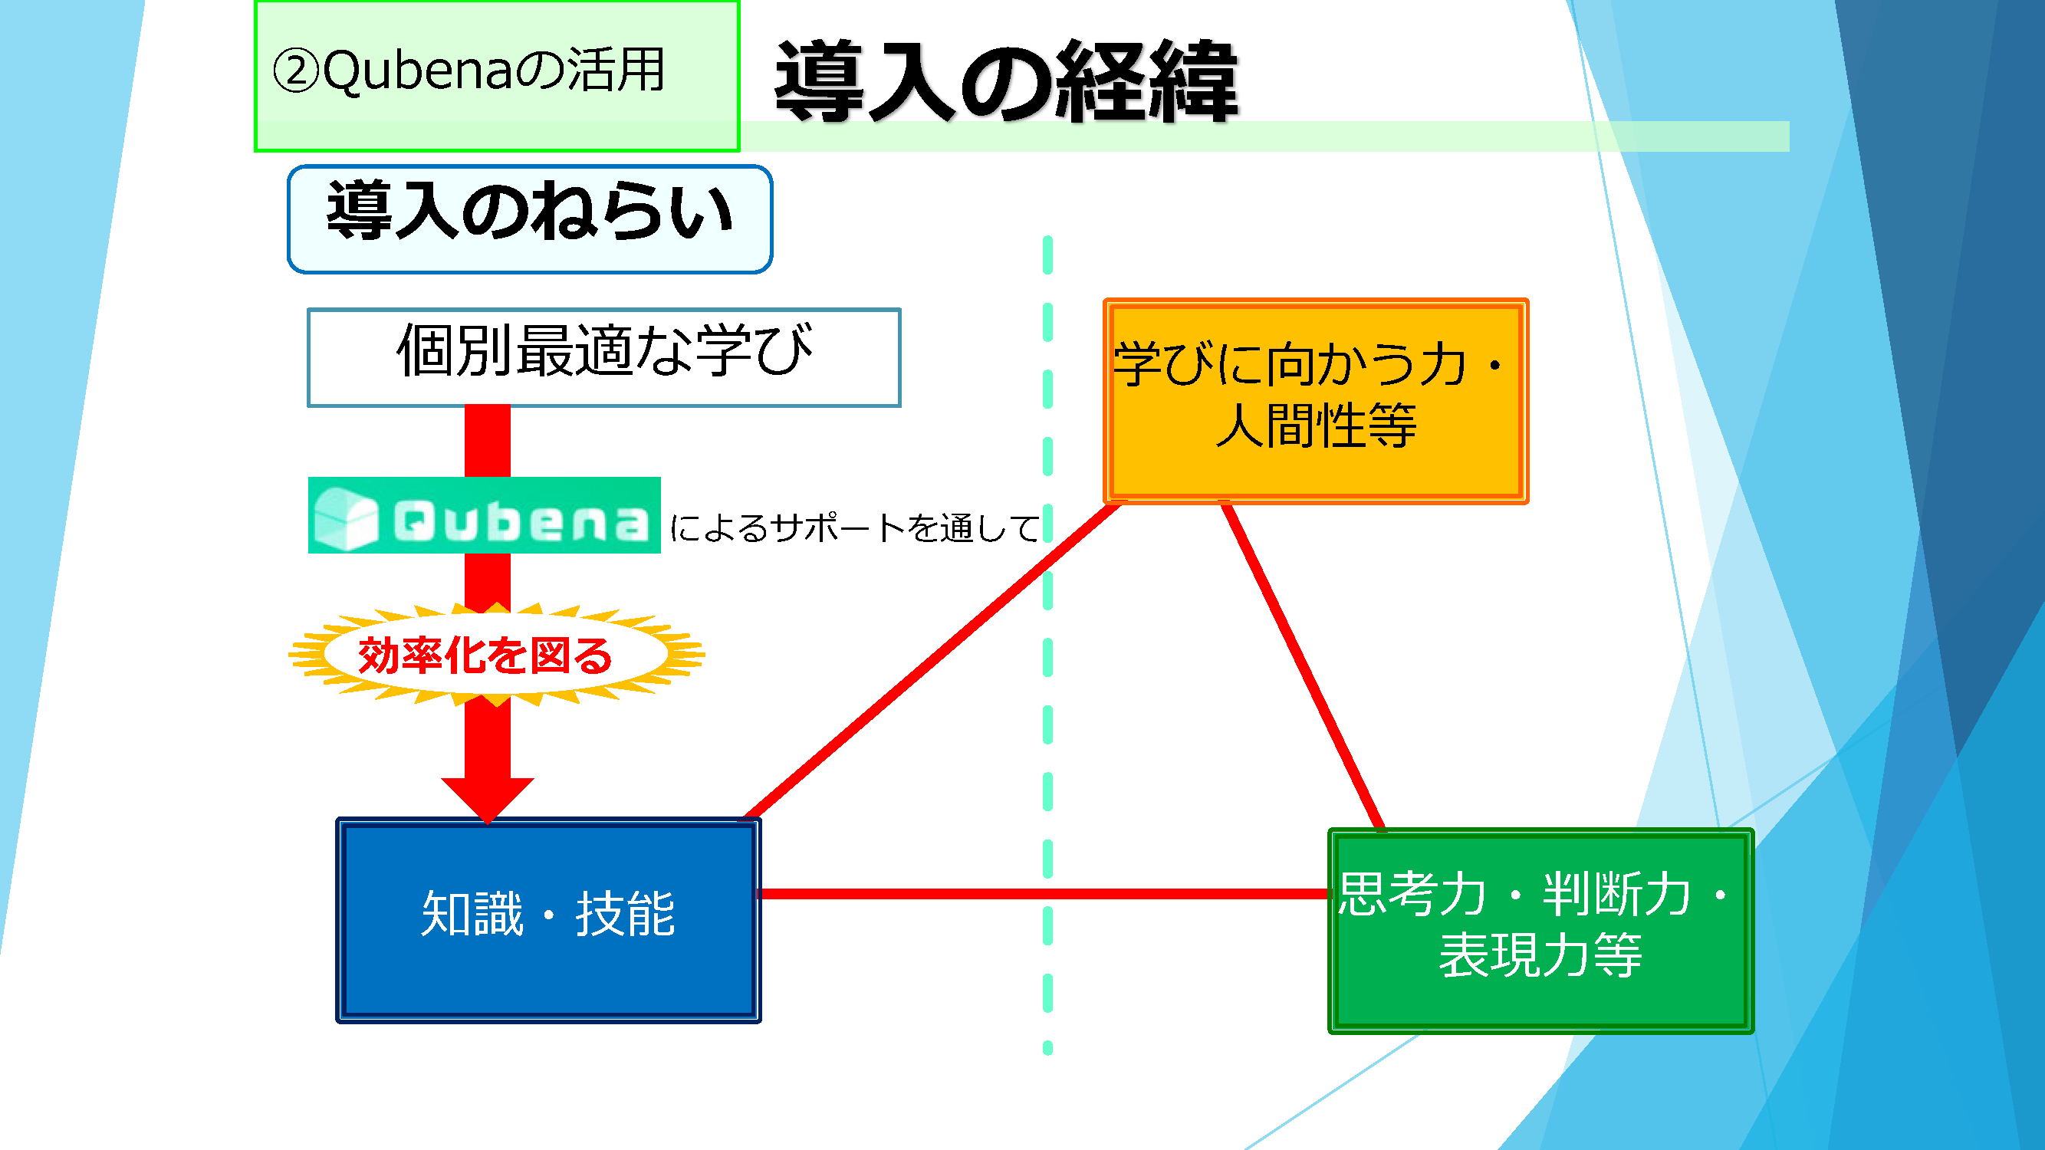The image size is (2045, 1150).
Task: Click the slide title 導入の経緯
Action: pos(1007,81)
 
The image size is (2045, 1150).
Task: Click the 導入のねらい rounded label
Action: pos(530,219)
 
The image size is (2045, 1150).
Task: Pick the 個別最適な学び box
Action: pos(604,357)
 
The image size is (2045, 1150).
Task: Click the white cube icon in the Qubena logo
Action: pos(346,517)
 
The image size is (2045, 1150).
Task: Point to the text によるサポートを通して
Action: pos(854,527)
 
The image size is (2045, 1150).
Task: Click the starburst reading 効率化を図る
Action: pos(496,655)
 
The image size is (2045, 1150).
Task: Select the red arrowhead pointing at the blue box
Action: pos(488,798)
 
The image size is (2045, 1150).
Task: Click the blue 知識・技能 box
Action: pos(548,920)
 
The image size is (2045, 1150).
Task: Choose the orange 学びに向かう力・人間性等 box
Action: pos(1317,401)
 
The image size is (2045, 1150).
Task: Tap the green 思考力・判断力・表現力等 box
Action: pos(1541,931)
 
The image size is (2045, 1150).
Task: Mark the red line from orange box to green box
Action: pos(1304,667)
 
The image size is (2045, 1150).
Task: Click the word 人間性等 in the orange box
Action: pos(1317,426)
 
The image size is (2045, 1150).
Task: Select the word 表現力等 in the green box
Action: pos(1541,955)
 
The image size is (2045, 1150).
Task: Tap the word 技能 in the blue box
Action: pos(626,914)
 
